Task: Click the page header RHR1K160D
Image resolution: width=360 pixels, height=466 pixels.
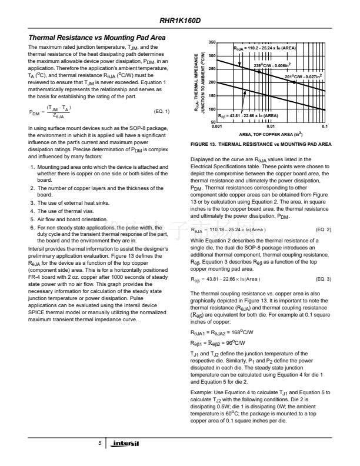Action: tap(180, 22)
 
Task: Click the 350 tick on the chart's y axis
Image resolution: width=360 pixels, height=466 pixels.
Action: tap(212, 43)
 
